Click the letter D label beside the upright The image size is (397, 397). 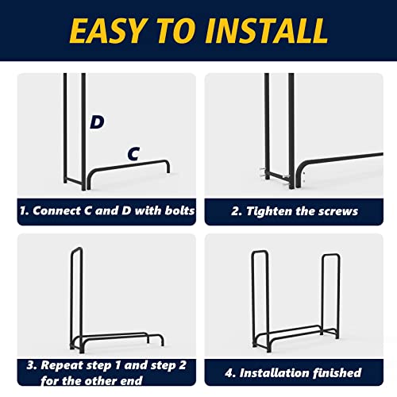(x=97, y=122)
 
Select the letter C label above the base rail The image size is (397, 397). (x=133, y=153)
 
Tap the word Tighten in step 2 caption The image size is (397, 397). (x=269, y=211)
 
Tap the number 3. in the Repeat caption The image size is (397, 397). (x=32, y=365)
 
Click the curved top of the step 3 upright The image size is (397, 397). (x=76, y=249)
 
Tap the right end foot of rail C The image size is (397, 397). (x=168, y=169)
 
